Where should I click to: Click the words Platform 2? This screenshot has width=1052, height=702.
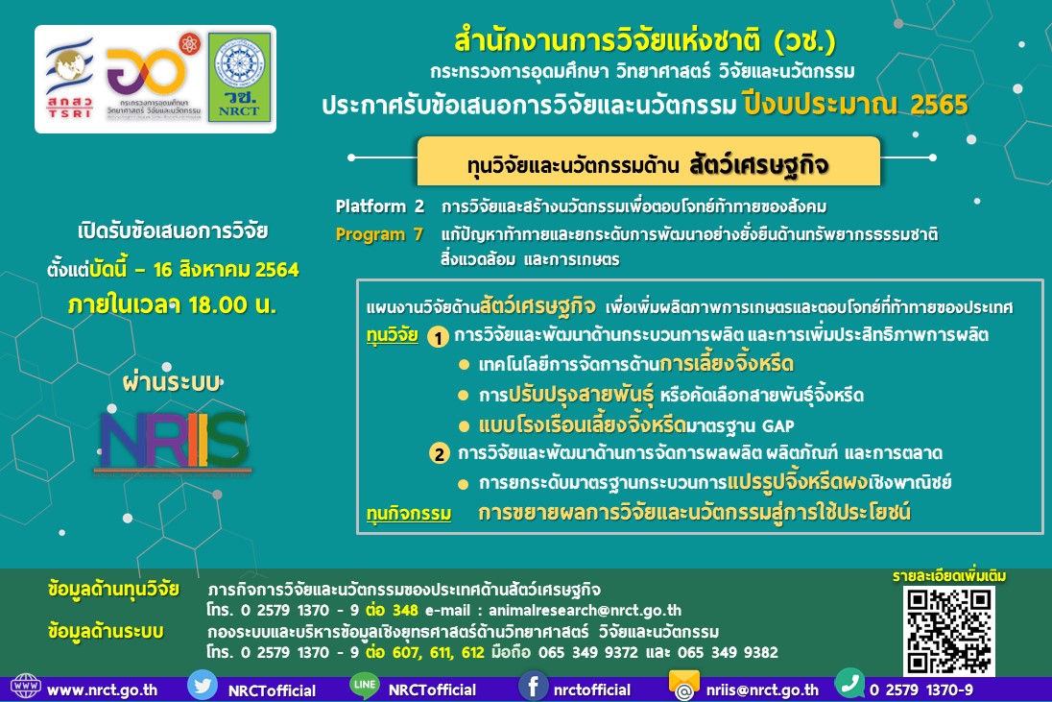(x=379, y=206)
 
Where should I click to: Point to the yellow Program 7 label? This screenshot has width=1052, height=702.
(x=378, y=234)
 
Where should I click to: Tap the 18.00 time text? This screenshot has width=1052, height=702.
(x=229, y=305)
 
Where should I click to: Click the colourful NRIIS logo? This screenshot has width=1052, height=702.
(x=174, y=444)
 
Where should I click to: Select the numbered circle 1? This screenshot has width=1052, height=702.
(x=438, y=338)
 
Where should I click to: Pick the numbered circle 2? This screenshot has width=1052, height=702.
(x=439, y=453)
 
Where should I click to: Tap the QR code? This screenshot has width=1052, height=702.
(x=948, y=629)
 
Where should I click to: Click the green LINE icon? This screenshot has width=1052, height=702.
(x=364, y=688)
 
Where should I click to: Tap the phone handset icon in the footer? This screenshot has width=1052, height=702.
(x=849, y=686)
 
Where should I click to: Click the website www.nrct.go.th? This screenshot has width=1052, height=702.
(x=102, y=690)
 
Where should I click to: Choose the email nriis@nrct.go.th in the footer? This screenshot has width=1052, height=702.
(x=762, y=690)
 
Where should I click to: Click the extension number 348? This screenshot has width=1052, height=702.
(x=405, y=610)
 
